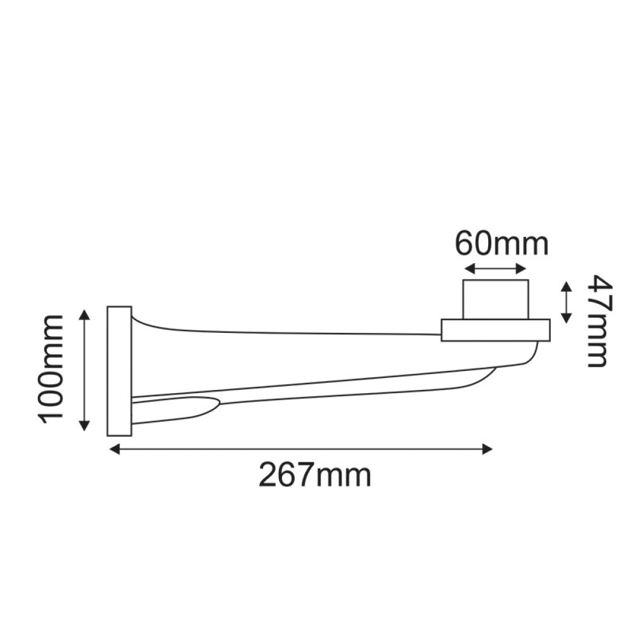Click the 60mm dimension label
point(501,244)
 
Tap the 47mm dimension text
point(597,321)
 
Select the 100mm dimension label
point(51,368)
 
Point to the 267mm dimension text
point(314,474)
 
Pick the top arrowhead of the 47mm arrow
point(566,287)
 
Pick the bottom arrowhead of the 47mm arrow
point(566,318)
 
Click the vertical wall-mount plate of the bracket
point(119,371)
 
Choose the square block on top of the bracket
point(495,299)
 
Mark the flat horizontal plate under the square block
point(495,330)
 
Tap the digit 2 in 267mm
point(269,474)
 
